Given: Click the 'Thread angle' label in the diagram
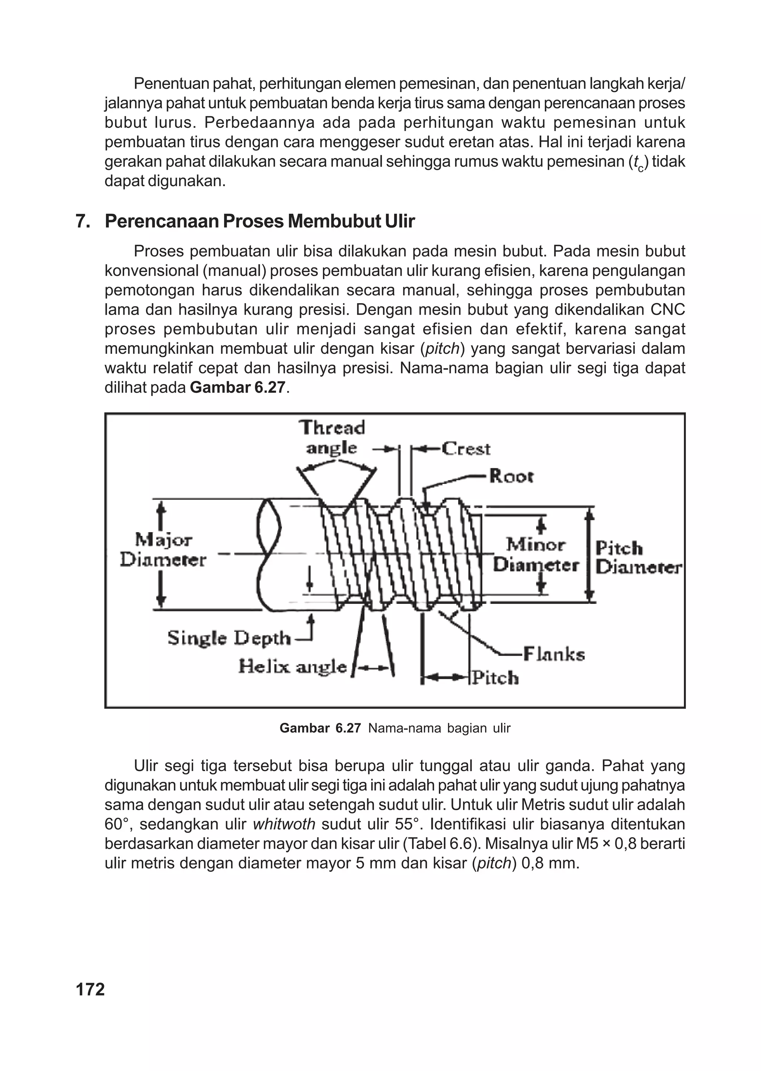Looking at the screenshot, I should (332, 437).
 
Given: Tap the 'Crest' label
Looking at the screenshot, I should (466, 449).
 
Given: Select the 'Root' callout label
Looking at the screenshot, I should (511, 476).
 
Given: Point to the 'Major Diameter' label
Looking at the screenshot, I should (163, 550).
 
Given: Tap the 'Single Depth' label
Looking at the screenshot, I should (229, 638).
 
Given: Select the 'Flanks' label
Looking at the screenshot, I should (553, 654).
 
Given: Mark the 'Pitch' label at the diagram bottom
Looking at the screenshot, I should (495, 678).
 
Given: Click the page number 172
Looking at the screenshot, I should (90, 989).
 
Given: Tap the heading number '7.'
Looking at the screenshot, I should (83, 221).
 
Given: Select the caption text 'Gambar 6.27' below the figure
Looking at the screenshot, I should (320, 728).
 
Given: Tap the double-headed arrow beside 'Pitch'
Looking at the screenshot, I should (445, 677).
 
